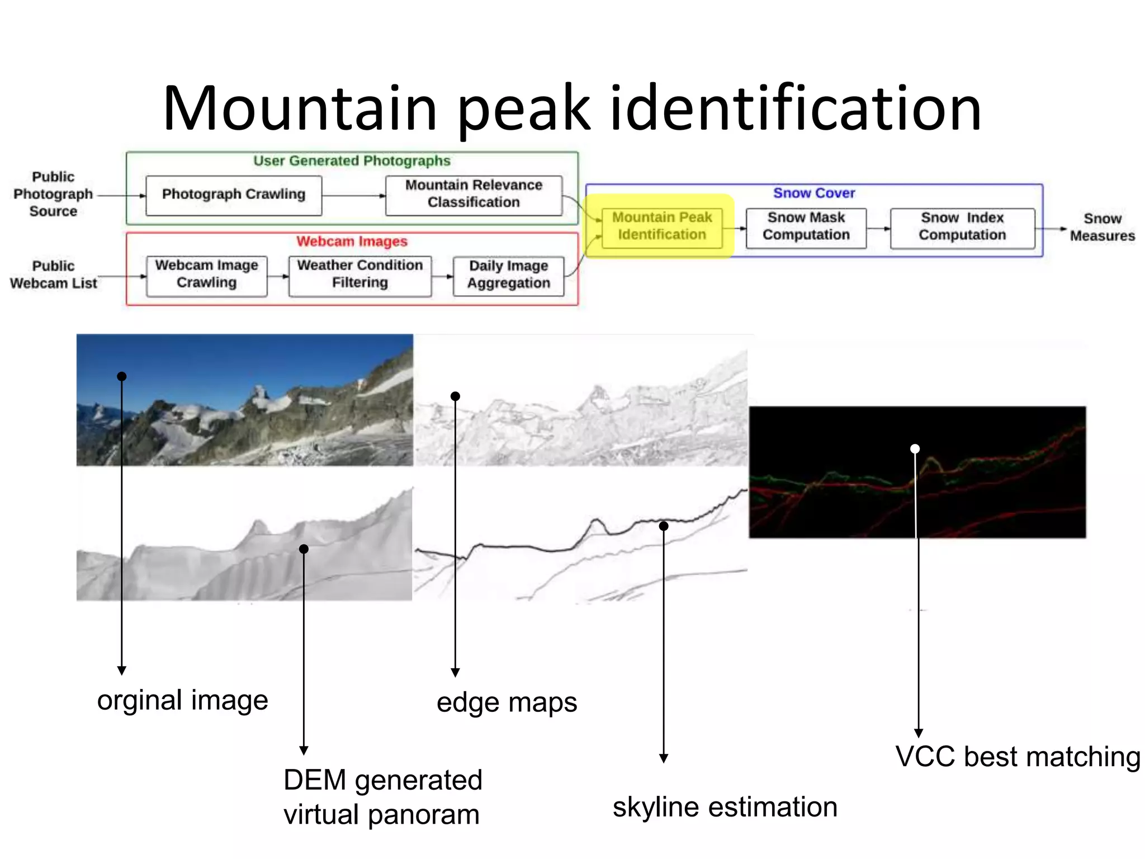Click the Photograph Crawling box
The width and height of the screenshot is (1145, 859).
pyautogui.click(x=234, y=195)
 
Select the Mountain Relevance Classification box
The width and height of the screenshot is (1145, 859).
pyautogui.click(x=474, y=194)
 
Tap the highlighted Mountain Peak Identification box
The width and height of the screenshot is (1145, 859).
pyautogui.click(x=662, y=226)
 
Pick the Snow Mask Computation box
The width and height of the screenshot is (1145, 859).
pyautogui.click(x=806, y=227)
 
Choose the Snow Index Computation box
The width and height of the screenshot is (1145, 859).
pyautogui.click(x=962, y=227)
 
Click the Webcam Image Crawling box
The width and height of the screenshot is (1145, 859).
pyautogui.click(x=206, y=275)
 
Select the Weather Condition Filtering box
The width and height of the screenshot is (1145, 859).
pyautogui.click(x=359, y=275)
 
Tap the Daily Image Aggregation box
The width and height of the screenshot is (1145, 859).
pyautogui.click(x=508, y=275)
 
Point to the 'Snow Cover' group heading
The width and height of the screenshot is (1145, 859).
pyautogui.click(x=813, y=193)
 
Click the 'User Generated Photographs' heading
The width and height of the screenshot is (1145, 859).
pyautogui.click(x=352, y=161)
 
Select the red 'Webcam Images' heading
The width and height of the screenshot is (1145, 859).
pyautogui.click(x=352, y=242)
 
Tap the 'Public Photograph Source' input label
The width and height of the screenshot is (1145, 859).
pyautogui.click(x=53, y=194)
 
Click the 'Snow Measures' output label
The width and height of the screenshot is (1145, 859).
pyautogui.click(x=1102, y=227)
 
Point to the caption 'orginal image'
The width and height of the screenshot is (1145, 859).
pyautogui.click(x=182, y=700)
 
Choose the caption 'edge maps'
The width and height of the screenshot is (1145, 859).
pyautogui.click(x=507, y=702)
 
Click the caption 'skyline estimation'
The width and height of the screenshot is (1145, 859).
pyautogui.click(x=725, y=807)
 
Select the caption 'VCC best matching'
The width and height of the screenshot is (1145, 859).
pyautogui.click(x=1018, y=757)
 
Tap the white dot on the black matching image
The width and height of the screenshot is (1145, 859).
pyautogui.click(x=915, y=449)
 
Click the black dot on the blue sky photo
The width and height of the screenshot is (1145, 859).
pyautogui.click(x=122, y=376)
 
